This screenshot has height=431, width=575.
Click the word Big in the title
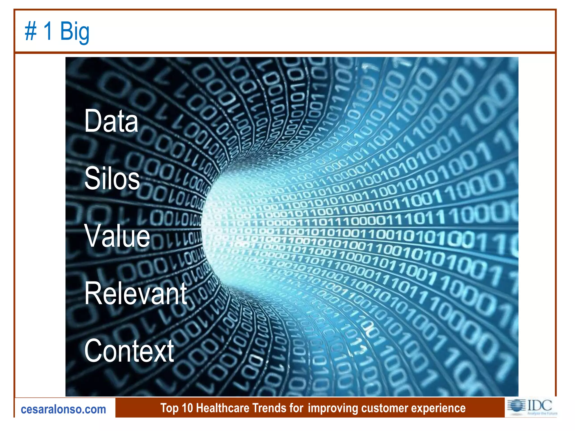75,31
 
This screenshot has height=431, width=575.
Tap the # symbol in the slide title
31,31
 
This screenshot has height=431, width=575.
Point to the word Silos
112,178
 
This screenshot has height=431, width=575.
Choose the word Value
117,236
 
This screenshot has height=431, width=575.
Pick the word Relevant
136,294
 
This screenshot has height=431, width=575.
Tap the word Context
129,351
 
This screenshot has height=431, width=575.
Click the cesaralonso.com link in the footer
63,409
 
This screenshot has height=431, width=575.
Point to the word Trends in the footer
271,408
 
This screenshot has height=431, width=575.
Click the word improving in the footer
333,408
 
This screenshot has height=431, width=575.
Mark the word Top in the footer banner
169,408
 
